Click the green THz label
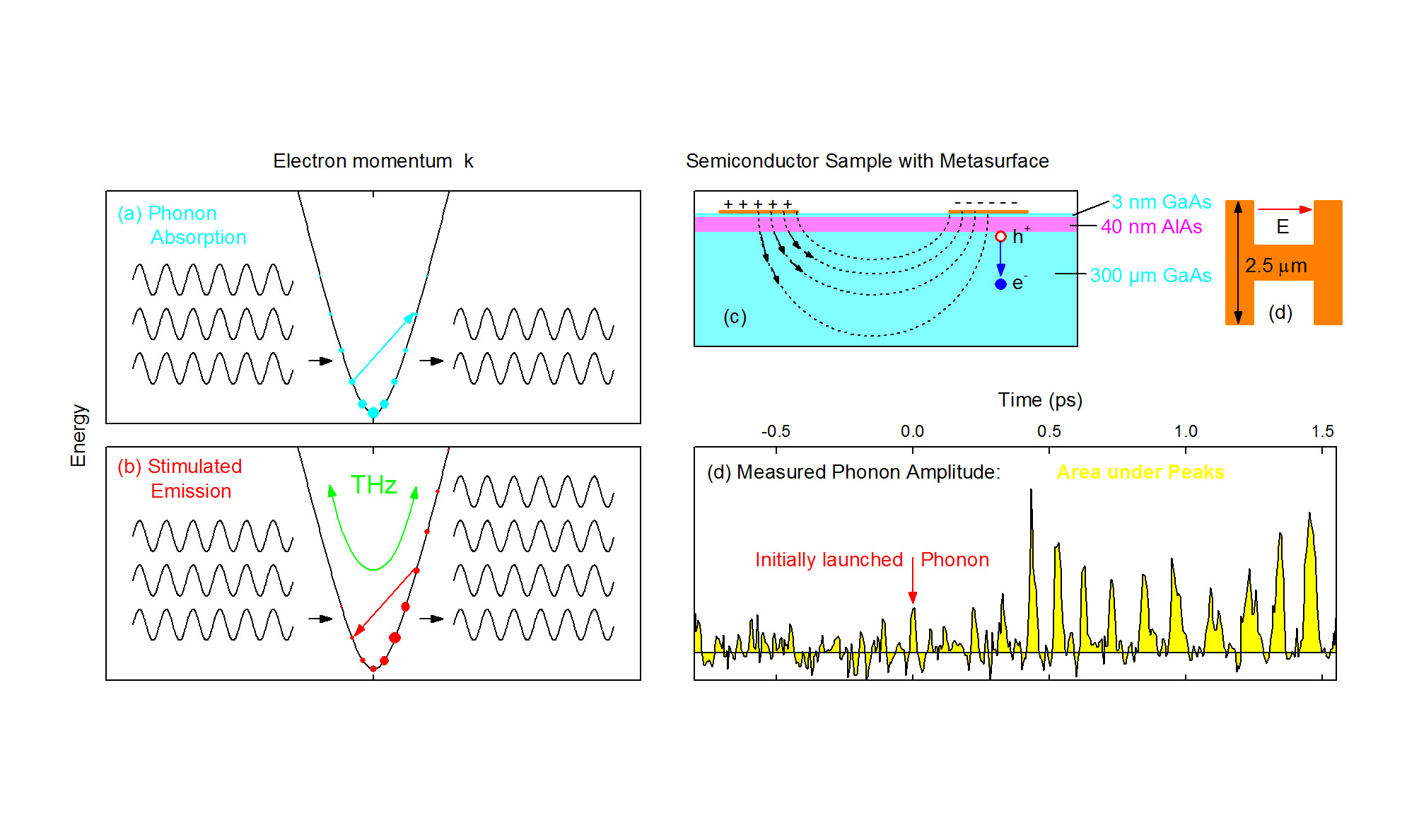click(373, 485)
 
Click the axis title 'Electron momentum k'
click(373, 161)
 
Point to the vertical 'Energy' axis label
click(78, 435)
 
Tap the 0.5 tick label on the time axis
click(1049, 431)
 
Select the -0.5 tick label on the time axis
click(776, 431)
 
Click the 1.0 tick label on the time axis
click(1186, 431)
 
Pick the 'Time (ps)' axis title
click(1040, 400)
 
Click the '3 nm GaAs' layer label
click(1161, 202)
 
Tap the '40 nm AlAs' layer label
click(1151, 227)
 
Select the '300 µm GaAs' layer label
click(1150, 276)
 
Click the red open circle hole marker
click(1000, 237)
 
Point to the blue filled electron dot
click(1000, 284)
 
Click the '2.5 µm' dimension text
click(1275, 266)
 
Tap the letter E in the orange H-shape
click(1283, 227)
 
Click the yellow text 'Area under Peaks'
click(1140, 472)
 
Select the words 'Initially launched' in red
click(829, 560)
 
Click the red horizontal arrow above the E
click(1284, 209)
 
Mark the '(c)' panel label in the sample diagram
click(735, 317)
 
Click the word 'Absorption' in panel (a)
click(199, 238)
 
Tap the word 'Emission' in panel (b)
click(191, 491)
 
